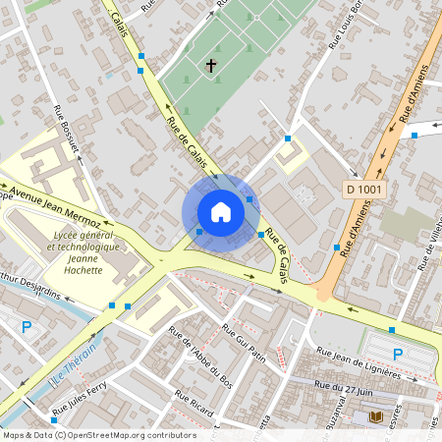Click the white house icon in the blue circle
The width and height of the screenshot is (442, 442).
(221, 212)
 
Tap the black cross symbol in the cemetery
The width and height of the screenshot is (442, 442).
(210, 66)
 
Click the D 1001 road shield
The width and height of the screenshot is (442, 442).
(364, 188)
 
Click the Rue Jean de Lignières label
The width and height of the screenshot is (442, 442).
(359, 362)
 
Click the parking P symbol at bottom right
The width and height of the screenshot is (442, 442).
(398, 354)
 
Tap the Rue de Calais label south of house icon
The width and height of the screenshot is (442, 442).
(278, 257)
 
